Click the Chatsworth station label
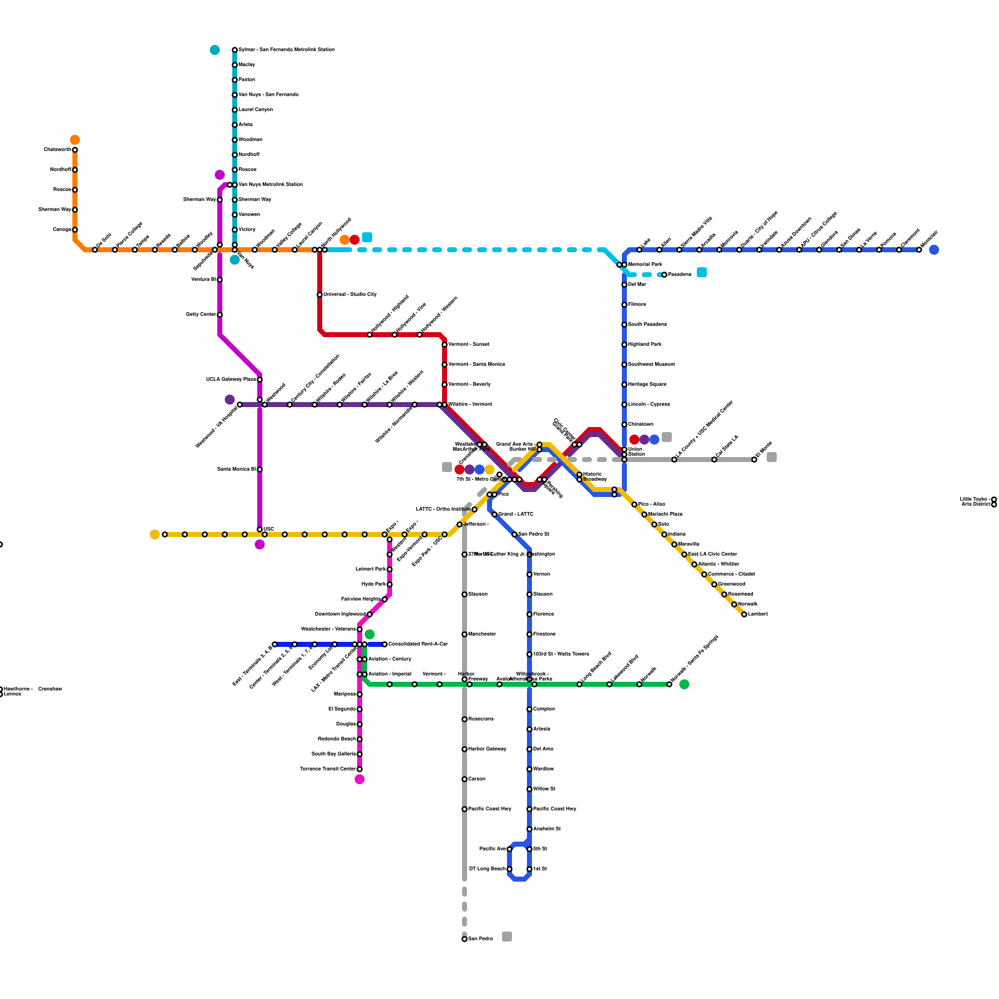coord(57,150)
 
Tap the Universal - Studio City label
coord(350,294)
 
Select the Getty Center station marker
coord(220,315)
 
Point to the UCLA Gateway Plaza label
coord(231,380)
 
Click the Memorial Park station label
coord(645,265)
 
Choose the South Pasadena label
coord(647,325)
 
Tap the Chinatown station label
coord(641,425)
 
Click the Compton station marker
coord(529,709)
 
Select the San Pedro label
coord(481,938)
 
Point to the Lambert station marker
coord(744,614)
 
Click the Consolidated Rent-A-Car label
coord(418,644)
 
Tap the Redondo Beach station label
coord(337,739)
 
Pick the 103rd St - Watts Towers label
coord(561,654)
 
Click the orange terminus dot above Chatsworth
coord(75,140)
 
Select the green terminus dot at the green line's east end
coord(684,684)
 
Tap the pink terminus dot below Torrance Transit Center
coord(360,779)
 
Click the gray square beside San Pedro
coord(507,937)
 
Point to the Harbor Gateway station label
coord(487,749)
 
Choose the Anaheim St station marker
coord(529,829)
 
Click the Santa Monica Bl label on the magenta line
coord(237,469)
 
